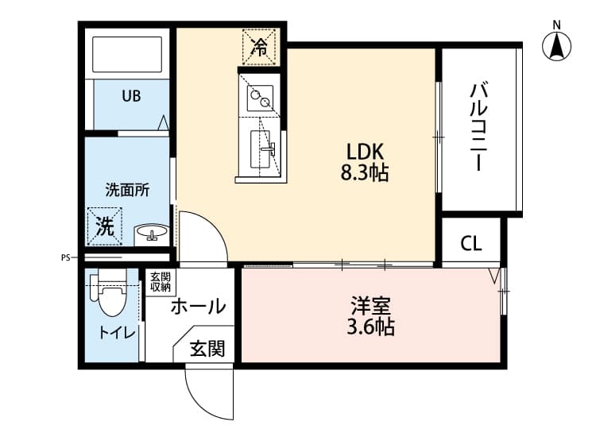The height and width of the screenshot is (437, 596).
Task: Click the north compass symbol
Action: pyautogui.click(x=558, y=46)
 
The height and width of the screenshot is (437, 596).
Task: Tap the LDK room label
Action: pyautogui.click(x=364, y=151)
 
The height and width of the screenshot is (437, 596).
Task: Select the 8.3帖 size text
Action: pyautogui.click(x=364, y=172)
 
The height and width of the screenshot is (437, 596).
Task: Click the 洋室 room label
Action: pyautogui.click(x=370, y=305)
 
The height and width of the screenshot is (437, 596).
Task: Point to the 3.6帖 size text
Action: pyautogui.click(x=370, y=326)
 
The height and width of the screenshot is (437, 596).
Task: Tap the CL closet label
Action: pyautogui.click(x=471, y=244)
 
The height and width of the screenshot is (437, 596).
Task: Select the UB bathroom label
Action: pyautogui.click(x=131, y=96)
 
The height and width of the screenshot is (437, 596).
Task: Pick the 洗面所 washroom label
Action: pyautogui.click(x=127, y=190)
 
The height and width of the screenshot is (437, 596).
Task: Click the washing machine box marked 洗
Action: pyautogui.click(x=105, y=226)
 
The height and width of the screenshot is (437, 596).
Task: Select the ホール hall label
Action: pyautogui.click(x=198, y=306)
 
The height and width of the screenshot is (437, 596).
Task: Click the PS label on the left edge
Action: pyautogui.click(x=65, y=257)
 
